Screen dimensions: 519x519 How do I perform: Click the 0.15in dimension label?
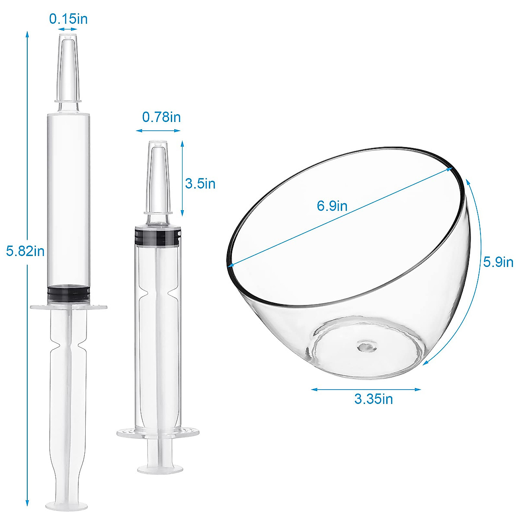(x=68, y=19)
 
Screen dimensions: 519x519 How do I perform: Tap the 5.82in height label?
(x=26, y=251)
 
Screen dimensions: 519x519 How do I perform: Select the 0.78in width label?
(x=161, y=117)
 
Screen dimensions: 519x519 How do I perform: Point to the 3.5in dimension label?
(x=200, y=183)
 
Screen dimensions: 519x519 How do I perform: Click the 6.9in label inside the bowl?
(x=332, y=206)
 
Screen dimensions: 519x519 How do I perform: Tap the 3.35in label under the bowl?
(x=374, y=398)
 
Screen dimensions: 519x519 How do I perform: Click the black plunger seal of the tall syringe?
(x=69, y=293)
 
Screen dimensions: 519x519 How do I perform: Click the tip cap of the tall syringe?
(x=68, y=69)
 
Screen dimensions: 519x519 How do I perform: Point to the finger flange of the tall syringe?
(x=69, y=307)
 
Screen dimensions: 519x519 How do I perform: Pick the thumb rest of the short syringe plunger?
(x=160, y=468)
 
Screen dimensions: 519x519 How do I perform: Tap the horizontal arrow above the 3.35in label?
(x=366, y=389)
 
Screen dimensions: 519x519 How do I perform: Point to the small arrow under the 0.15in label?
(x=68, y=29)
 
